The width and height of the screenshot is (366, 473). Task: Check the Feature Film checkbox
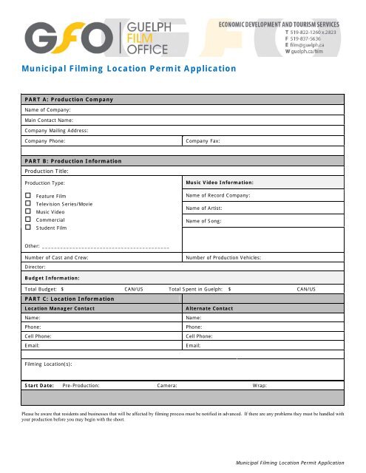click(27, 195)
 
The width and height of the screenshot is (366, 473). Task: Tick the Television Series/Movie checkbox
click(27, 203)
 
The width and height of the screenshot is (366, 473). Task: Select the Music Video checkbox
click(27, 211)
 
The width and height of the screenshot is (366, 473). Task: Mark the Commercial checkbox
click(27, 220)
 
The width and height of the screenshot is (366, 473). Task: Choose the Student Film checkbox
click(27, 228)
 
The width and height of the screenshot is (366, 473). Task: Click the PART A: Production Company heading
click(68, 99)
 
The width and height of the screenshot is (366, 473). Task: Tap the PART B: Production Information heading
click(72, 160)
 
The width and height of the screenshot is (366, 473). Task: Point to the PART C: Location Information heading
click(70, 298)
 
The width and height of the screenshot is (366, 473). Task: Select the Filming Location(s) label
click(48, 364)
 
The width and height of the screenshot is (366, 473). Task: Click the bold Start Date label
click(39, 385)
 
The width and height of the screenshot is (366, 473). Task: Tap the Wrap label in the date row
click(260, 385)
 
